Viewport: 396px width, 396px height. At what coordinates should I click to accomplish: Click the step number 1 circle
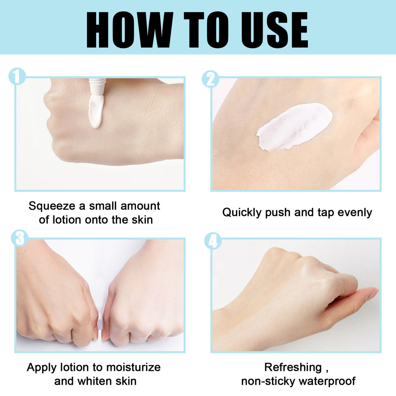(x=17, y=77)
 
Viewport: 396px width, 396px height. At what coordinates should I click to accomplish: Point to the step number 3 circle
(x=20, y=238)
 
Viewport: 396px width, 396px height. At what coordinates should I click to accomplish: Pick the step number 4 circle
(x=213, y=241)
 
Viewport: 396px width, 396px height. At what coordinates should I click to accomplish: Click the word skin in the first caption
(x=141, y=220)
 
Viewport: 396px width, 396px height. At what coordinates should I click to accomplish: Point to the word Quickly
(x=242, y=212)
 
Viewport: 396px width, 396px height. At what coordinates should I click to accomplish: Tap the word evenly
(x=355, y=212)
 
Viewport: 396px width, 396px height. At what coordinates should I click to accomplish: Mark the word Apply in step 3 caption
(x=41, y=367)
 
